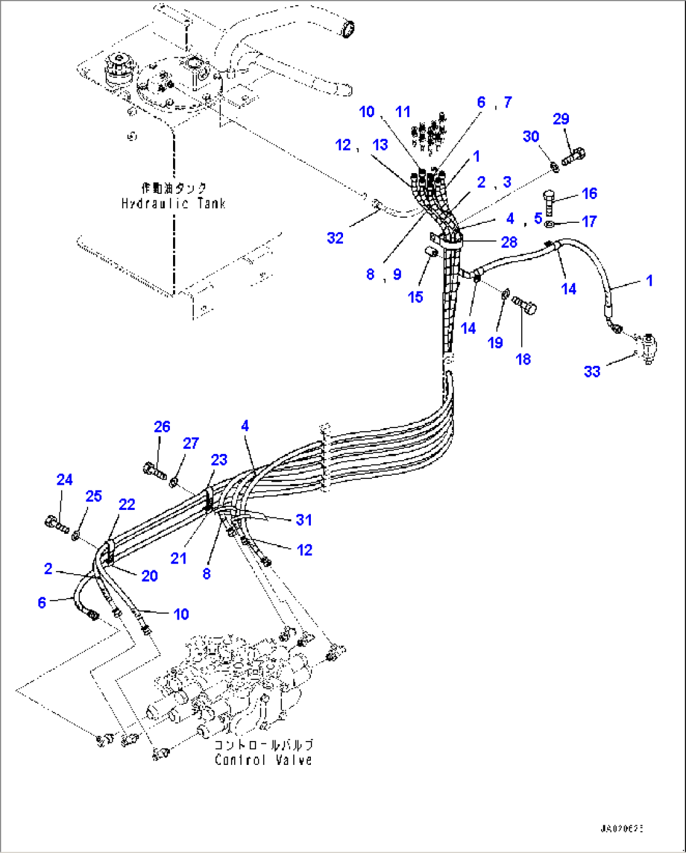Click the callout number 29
(561, 119)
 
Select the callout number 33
(592, 371)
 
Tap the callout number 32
(335, 238)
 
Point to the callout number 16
(589, 193)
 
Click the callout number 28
(509, 242)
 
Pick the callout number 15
(415, 297)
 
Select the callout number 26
(162, 427)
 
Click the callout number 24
(64, 480)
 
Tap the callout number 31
(304, 520)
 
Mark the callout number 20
(149, 575)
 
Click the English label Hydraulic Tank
(173, 203)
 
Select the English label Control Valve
(263, 760)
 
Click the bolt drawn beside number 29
(573, 155)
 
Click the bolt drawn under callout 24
(57, 523)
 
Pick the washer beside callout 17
(549, 223)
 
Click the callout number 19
(495, 342)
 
